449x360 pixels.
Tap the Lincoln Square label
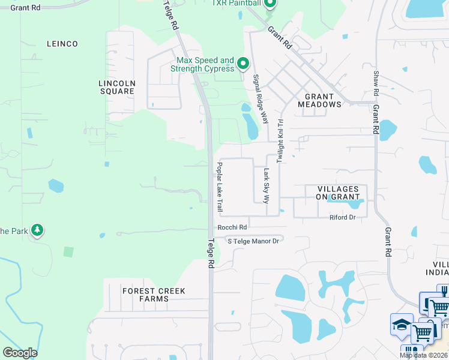pos(117,87)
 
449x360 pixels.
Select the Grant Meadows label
pos(319,100)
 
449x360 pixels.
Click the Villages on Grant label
pos(341,193)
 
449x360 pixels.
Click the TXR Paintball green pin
pos(270,4)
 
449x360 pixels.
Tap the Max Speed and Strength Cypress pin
pos(243,63)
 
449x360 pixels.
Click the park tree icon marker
pos(37,230)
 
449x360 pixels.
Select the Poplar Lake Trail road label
pos(220,187)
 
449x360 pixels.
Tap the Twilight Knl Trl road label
pos(280,140)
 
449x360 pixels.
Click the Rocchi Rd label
pos(232,227)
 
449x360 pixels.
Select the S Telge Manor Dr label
pos(253,241)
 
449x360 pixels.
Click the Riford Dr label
pos(343,217)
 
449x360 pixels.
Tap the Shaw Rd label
pos(376,82)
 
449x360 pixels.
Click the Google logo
pos(20,353)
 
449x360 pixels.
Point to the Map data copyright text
pos(424,355)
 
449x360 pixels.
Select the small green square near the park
pos(68,252)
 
